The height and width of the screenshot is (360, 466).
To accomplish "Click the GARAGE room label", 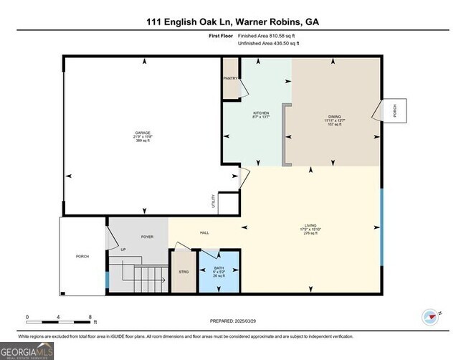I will (143, 133).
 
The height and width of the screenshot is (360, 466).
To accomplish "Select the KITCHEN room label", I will (260, 113).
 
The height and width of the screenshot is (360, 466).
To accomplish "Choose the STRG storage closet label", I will (184, 273).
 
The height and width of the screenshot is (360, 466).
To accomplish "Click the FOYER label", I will (147, 236).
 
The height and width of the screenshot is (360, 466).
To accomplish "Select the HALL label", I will (204, 232).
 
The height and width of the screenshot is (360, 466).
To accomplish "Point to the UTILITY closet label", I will (213, 202).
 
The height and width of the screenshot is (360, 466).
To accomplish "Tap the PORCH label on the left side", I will (82, 257).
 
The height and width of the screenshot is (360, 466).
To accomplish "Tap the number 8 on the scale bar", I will (90, 316).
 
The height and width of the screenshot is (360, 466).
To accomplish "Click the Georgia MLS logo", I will (27, 351).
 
